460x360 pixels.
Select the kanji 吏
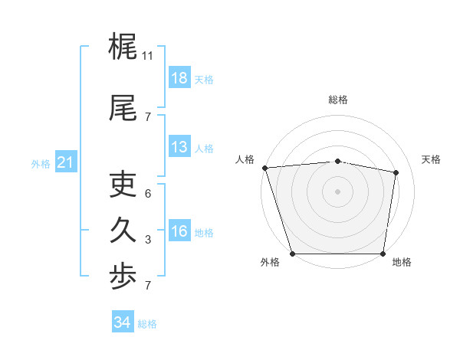123,185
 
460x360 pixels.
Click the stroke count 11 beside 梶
148,56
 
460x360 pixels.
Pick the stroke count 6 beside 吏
148,194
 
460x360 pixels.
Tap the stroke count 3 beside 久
148,240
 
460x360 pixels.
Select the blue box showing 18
179,78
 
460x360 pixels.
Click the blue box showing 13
179,147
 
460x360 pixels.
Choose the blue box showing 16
179,231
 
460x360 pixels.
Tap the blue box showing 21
65,162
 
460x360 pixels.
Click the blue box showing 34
122,322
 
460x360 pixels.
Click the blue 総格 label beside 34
147,324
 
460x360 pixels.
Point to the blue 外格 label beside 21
41,163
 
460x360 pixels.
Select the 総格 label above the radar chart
338,100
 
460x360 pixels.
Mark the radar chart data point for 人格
264,168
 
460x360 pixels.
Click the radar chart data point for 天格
396,172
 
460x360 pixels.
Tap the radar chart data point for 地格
383,253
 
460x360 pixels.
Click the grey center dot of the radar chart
338,191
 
